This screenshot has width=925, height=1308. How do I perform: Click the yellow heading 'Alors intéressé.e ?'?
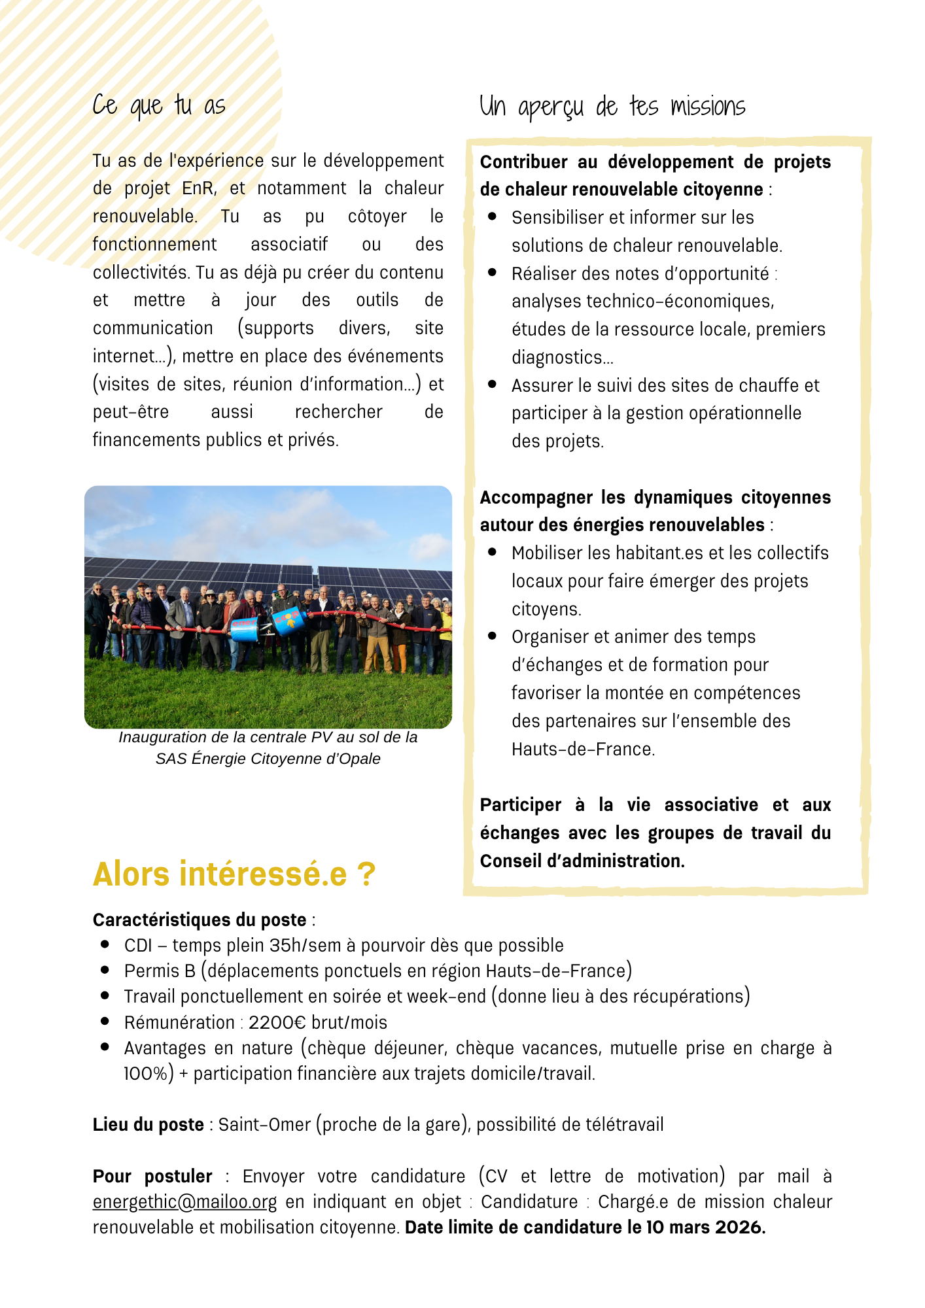[x=234, y=874]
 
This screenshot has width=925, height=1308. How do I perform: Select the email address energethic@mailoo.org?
[x=184, y=1201]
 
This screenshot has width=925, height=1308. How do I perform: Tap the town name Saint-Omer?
[x=264, y=1124]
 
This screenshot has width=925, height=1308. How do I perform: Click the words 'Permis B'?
[x=160, y=971]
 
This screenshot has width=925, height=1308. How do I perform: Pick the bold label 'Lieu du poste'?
[x=148, y=1124]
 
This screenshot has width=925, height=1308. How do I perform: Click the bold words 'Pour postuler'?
[x=152, y=1176]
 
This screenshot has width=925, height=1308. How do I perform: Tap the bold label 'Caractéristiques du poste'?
[x=200, y=920]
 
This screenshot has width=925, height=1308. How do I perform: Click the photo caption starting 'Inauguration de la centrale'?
[x=268, y=748]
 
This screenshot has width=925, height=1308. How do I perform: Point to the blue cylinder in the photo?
[x=288, y=619]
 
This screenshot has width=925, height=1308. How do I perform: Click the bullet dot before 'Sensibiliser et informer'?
[x=493, y=216]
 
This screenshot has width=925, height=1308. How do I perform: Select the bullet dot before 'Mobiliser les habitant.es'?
[x=493, y=552]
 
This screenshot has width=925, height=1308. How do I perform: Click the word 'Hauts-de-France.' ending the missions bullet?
[x=583, y=749]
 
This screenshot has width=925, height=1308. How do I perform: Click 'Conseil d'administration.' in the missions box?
[x=582, y=861]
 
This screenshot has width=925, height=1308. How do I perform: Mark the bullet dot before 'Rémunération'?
[x=105, y=1022]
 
